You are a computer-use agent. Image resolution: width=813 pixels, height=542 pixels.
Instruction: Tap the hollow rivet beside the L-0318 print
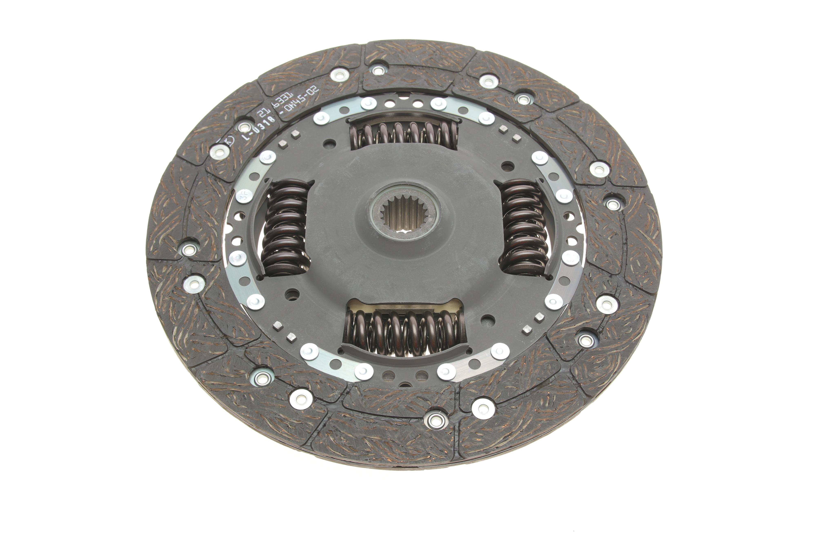click(245, 126)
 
